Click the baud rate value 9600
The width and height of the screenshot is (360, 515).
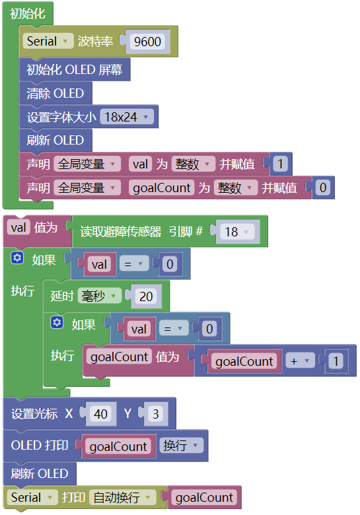point(147,42)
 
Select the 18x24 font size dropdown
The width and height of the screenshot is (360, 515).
point(127,117)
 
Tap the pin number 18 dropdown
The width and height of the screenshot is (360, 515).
point(238,232)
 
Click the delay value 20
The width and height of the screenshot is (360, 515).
point(146,296)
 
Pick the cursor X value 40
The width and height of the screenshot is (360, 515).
point(100,414)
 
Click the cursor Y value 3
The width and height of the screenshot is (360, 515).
point(156,414)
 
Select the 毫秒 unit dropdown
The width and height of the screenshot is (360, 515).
point(99,296)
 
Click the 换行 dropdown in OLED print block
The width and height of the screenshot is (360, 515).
point(181,446)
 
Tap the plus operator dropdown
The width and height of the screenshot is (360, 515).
point(300,361)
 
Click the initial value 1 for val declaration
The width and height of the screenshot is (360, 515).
point(280,164)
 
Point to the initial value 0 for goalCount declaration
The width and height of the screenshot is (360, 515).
point(323,188)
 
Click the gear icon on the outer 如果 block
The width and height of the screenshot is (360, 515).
point(17,257)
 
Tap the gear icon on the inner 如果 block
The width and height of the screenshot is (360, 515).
point(57,322)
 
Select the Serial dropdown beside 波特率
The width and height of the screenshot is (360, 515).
point(48,41)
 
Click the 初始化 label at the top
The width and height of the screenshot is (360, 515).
point(28,14)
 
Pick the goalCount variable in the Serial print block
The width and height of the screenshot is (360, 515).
point(204,497)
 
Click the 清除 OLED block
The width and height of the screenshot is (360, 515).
point(55,93)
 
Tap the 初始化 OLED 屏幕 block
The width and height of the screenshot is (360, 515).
point(75,69)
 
